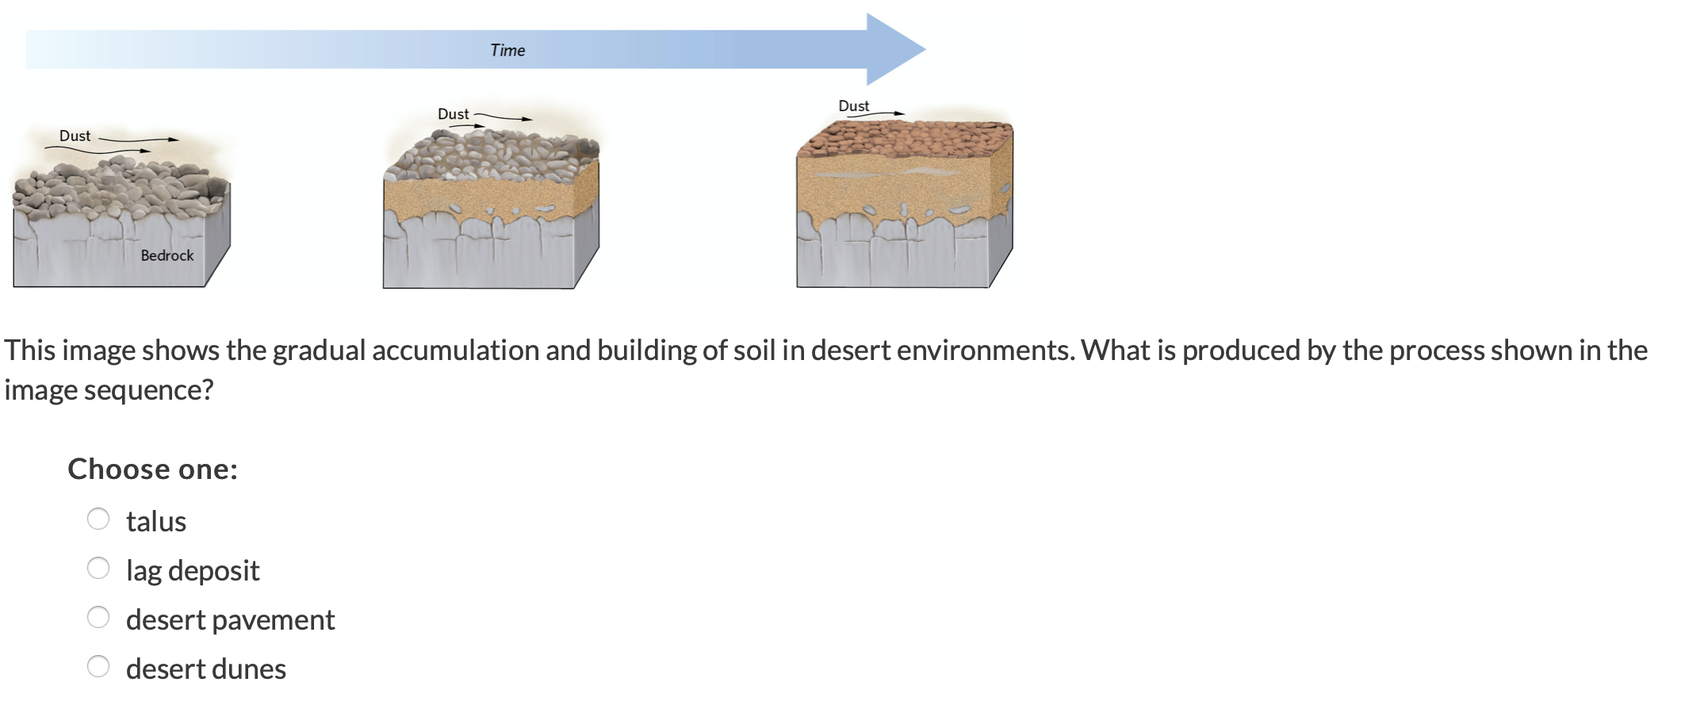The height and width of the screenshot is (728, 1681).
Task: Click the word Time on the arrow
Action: click(507, 50)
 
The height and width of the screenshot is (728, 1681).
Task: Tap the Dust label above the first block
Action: click(75, 136)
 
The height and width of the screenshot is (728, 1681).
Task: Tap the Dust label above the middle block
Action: click(453, 114)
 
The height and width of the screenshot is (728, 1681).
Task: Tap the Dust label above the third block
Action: click(853, 105)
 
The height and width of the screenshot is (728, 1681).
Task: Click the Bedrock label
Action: click(167, 255)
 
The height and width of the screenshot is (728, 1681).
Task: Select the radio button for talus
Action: click(98, 519)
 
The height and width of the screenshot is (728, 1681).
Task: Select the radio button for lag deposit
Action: click(98, 569)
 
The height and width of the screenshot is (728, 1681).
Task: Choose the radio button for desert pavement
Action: click(98, 618)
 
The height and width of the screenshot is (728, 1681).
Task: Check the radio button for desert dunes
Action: click(98, 667)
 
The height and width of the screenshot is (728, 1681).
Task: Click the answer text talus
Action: click(156, 522)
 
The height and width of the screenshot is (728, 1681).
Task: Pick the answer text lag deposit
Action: click(193, 571)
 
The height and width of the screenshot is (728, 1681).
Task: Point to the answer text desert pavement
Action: click(230, 620)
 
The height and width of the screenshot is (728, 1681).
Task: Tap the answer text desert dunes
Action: click(206, 669)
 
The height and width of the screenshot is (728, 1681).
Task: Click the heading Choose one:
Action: click(152, 469)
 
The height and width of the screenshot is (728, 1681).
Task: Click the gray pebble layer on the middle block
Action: click(492, 155)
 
